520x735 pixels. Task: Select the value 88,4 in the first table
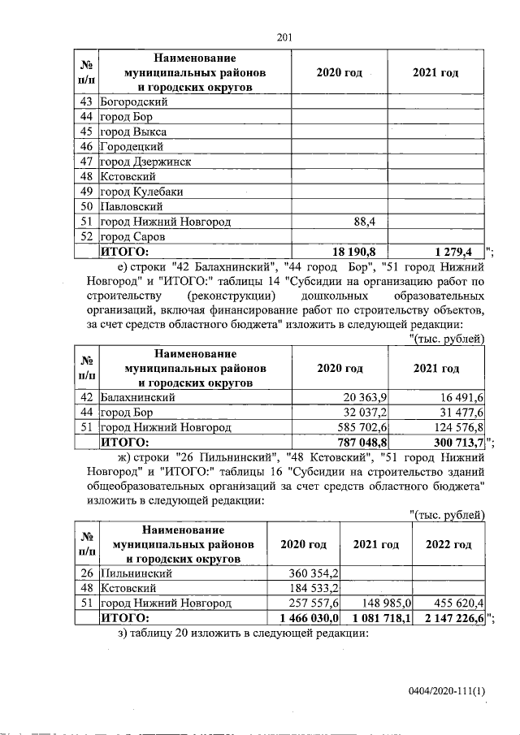(x=370, y=222)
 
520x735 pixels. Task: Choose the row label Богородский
(x=133, y=102)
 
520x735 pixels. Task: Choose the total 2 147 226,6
(x=449, y=618)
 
